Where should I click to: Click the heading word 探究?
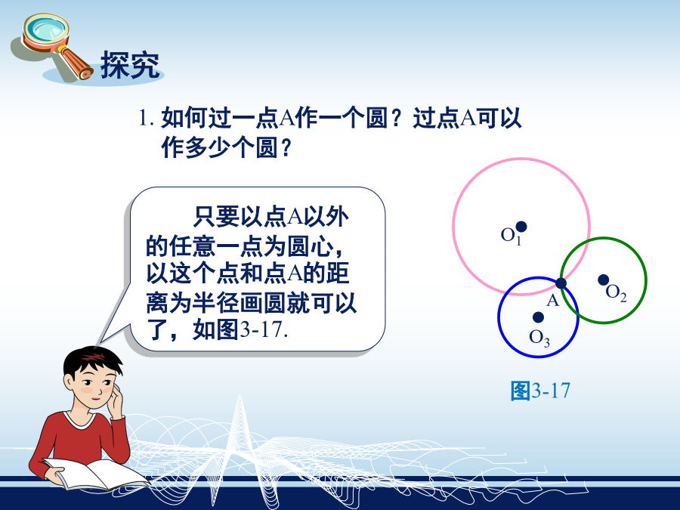coord(130,65)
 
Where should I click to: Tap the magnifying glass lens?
coord(45,29)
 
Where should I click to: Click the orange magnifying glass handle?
coord(76,63)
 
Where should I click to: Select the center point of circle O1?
coord(521,227)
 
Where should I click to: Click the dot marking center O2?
coord(603,280)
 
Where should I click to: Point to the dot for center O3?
coord(538,317)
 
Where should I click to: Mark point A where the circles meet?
coord(561,283)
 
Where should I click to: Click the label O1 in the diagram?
coord(511,236)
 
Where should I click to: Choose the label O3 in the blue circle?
coord(539,338)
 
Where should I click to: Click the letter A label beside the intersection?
coord(552,300)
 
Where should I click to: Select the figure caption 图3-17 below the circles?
coord(540,391)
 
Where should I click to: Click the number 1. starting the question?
coord(146,118)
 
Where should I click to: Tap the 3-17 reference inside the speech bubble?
coord(263,329)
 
